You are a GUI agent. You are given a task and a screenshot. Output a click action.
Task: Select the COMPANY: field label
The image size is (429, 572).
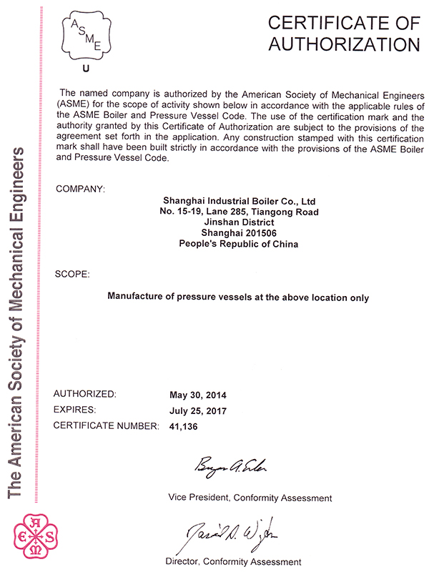tap(79, 189)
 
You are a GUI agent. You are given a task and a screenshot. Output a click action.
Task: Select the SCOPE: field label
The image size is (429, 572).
tap(72, 273)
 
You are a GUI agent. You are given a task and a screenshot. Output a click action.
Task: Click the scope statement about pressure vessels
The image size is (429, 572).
tap(238, 296)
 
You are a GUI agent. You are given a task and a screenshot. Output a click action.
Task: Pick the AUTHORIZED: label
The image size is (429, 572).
tap(84, 394)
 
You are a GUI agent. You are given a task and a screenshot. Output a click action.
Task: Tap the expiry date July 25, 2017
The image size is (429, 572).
tap(197, 410)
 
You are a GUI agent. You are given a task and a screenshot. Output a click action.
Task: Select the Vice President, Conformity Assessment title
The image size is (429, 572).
tap(250, 496)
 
